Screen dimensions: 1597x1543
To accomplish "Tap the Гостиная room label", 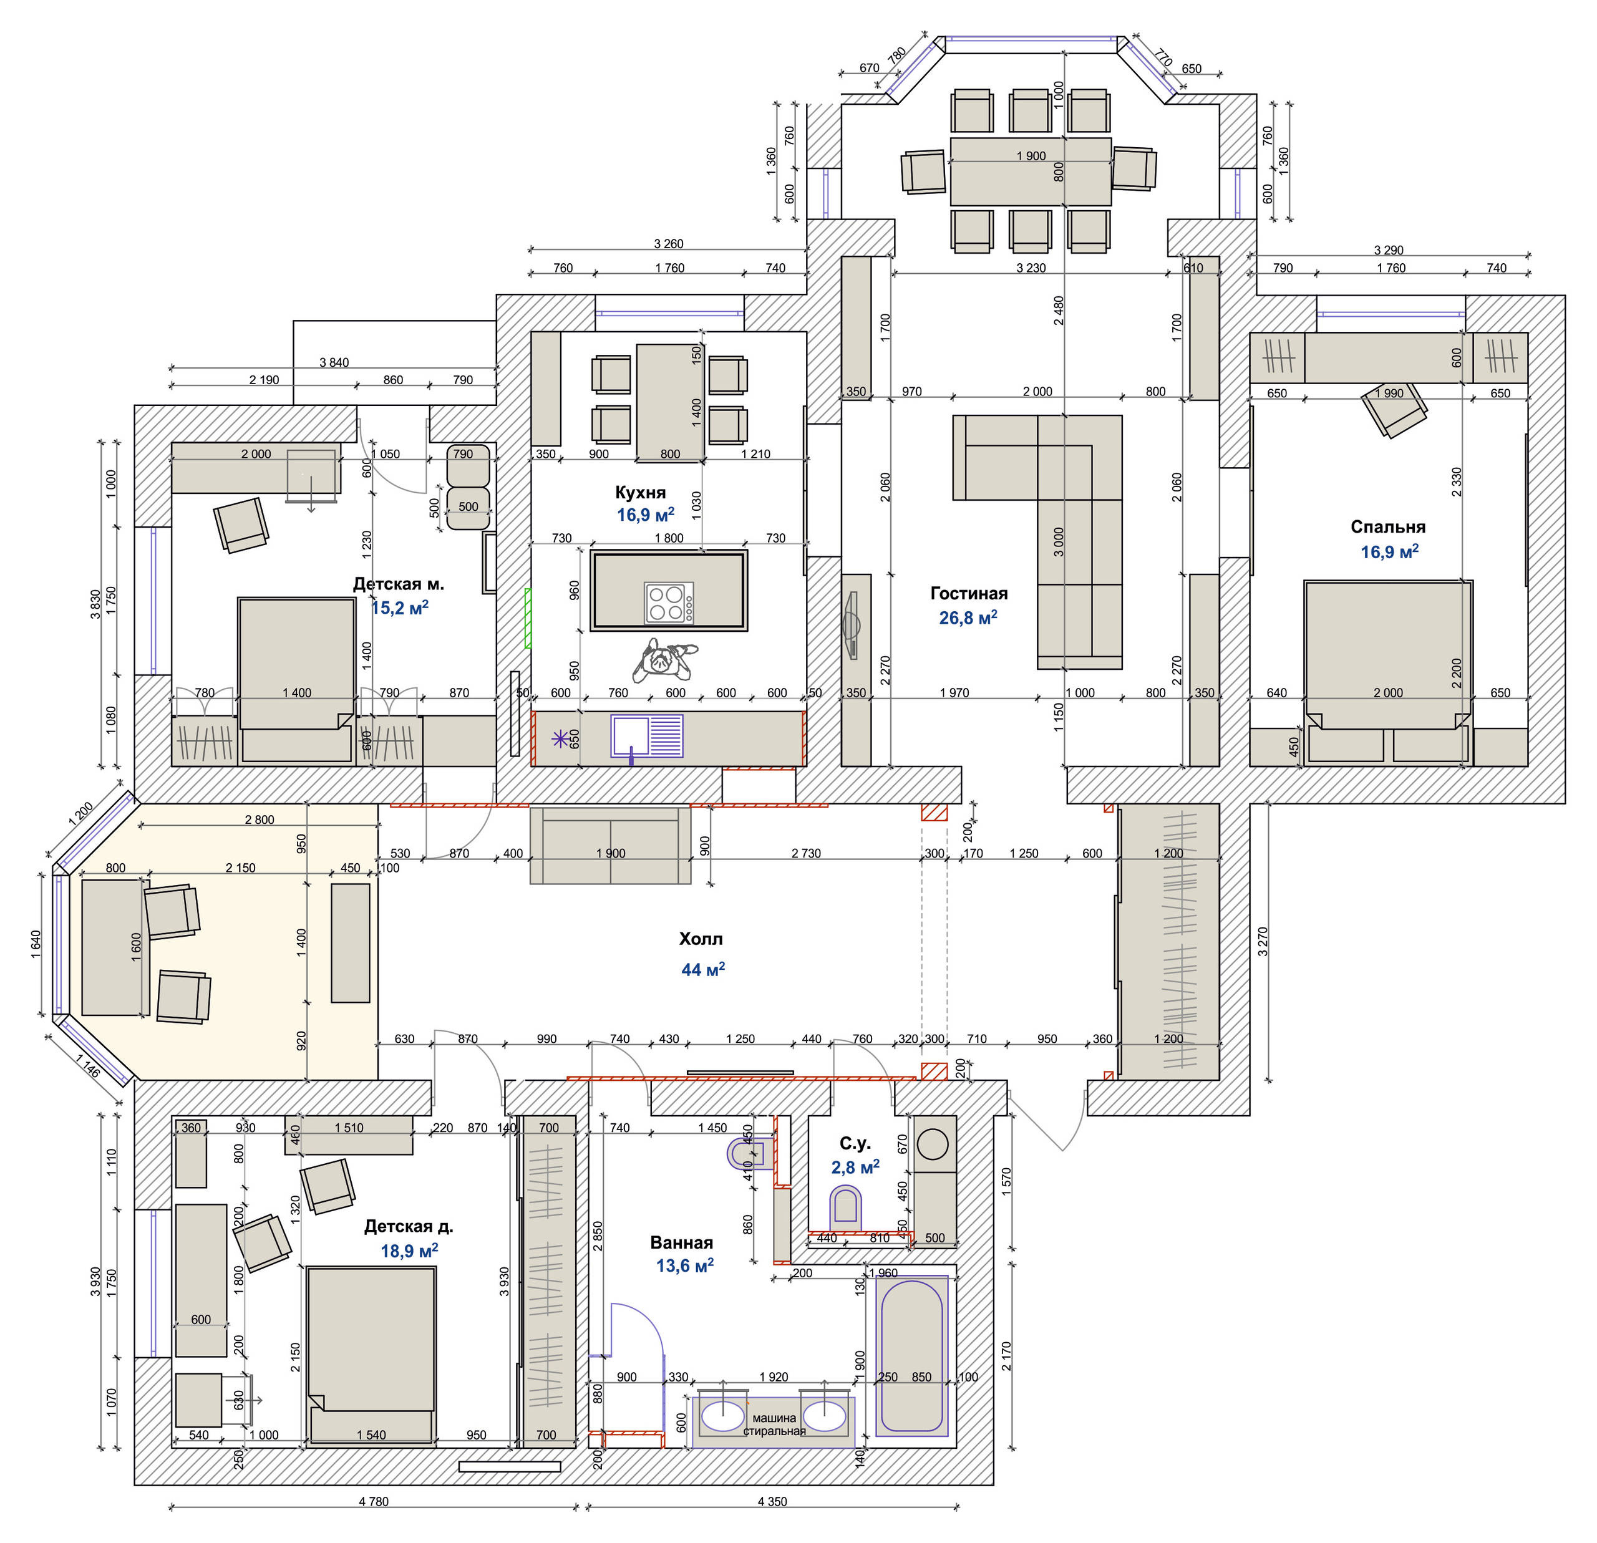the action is [969, 593].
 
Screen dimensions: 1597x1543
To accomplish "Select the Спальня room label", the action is [1387, 526].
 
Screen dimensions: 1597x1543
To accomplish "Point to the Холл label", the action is [701, 939].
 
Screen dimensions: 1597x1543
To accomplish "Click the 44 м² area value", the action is [702, 969].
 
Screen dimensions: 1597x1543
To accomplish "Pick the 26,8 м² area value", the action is [968, 617].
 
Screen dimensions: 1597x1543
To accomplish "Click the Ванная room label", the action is [681, 1242].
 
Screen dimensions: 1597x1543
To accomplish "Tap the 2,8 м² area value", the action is [855, 1167].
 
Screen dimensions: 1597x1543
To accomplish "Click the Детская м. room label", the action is [399, 583].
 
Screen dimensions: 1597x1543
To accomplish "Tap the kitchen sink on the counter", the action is [647, 737].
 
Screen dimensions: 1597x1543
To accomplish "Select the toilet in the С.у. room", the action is [845, 1205].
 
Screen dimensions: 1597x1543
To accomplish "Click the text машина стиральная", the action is [774, 1424].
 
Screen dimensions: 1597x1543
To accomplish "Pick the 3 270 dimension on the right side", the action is [1263, 941].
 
